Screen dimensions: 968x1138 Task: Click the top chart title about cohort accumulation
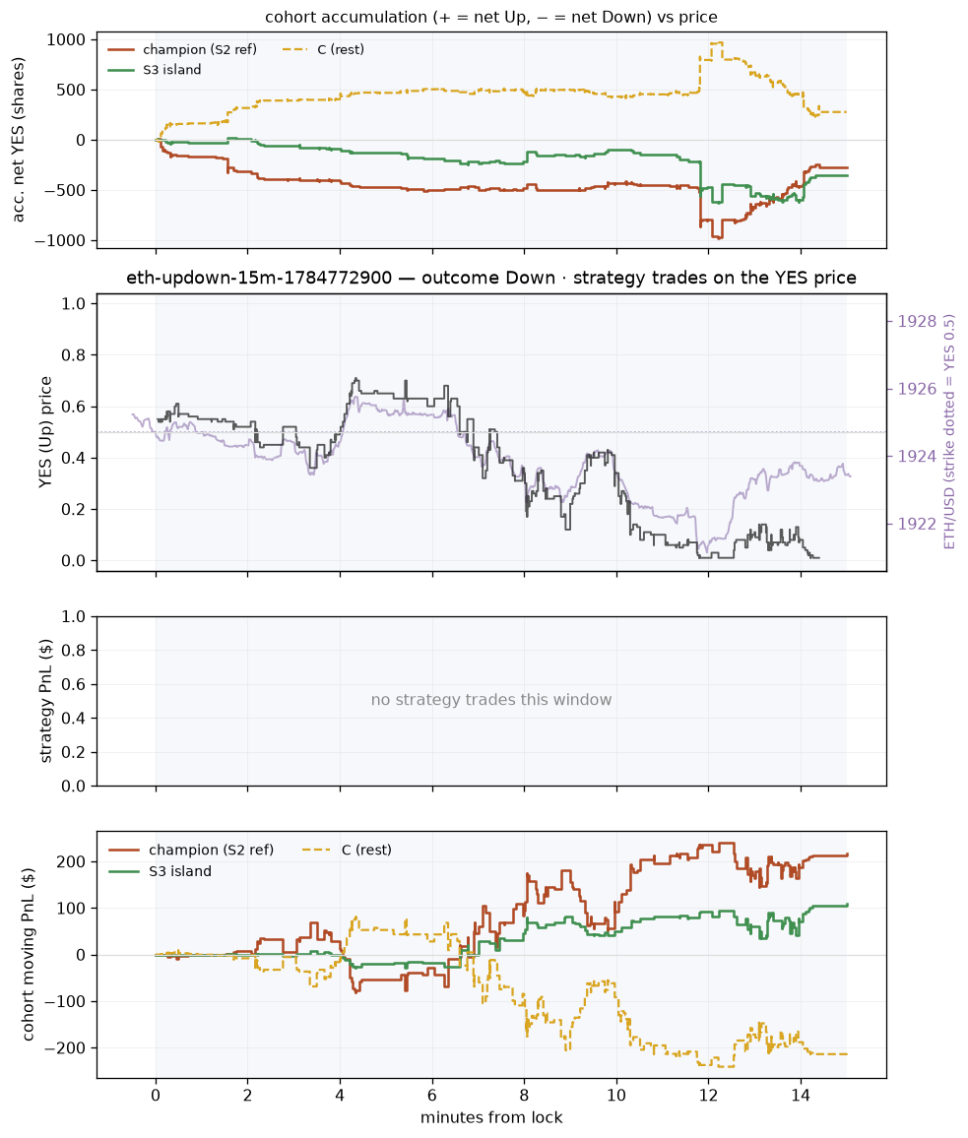point(491,17)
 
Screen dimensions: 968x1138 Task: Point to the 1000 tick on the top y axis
point(66,40)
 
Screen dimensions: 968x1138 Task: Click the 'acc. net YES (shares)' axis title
point(18,140)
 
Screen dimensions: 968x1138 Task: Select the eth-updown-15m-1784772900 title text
point(259,278)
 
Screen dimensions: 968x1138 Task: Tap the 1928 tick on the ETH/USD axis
point(917,322)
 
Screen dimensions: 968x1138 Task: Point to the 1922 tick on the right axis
point(917,524)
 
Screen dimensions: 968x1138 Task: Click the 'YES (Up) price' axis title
point(45,432)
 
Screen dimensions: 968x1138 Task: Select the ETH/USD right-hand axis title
point(949,432)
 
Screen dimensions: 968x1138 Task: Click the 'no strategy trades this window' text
point(491,700)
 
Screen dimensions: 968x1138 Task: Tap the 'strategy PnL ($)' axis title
point(45,701)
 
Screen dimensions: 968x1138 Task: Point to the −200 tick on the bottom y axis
point(65,1048)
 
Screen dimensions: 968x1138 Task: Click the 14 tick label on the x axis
point(801,1096)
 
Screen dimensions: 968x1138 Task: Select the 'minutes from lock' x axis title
point(491,1117)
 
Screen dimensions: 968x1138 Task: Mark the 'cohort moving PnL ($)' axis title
point(29,954)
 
